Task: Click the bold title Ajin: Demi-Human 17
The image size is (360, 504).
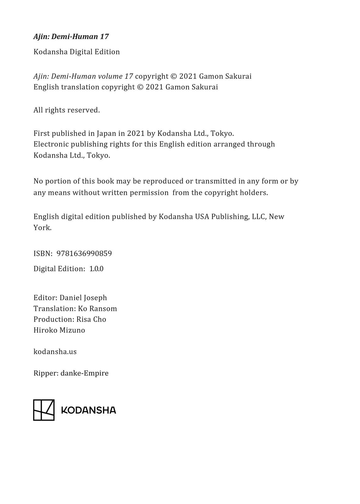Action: (71, 37)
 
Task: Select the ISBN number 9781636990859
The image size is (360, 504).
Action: (84, 254)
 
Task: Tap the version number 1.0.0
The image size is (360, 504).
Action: (96, 269)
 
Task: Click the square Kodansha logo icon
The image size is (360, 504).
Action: (44, 410)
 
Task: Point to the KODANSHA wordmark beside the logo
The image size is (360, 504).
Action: (89, 410)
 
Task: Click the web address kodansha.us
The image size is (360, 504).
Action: (55, 352)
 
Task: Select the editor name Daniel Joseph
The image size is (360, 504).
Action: (83, 298)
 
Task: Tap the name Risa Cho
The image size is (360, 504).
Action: (91, 319)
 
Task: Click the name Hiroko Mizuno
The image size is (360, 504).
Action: (59, 330)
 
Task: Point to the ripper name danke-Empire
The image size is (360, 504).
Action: (84, 373)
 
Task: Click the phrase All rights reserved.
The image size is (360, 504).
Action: (66, 110)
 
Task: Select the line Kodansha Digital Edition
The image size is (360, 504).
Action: (77, 52)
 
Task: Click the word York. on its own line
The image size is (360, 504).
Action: (42, 228)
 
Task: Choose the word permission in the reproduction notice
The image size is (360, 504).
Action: (149, 192)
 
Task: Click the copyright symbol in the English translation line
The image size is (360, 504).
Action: (140, 87)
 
